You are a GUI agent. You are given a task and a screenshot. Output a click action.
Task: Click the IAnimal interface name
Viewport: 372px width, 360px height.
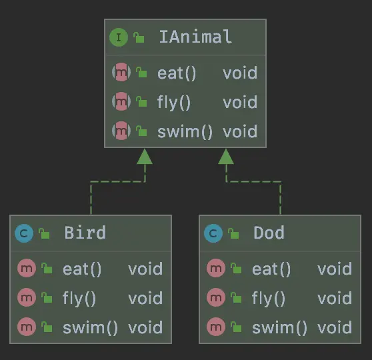195,37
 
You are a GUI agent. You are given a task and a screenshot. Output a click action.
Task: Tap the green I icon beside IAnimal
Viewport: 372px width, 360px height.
119,37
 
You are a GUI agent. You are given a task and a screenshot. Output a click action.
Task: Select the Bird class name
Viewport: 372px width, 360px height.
85,233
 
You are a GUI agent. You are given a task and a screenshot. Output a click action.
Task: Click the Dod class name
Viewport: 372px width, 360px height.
269,233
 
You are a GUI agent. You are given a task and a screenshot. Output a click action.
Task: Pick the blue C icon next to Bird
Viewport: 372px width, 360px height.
24,233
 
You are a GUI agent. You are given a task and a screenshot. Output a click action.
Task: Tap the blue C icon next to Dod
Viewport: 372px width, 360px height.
213,233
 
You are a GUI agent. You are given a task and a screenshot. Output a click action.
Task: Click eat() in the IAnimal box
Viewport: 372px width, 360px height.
177,73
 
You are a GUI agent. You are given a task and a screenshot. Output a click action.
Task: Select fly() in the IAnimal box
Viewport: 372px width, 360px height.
174,103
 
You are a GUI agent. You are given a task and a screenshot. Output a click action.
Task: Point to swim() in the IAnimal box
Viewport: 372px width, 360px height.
185,132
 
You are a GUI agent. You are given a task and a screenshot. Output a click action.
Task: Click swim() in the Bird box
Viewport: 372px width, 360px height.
90,328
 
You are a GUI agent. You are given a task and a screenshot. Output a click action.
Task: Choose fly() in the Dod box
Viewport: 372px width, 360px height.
268,299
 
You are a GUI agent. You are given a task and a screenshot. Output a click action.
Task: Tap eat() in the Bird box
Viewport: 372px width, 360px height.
82,269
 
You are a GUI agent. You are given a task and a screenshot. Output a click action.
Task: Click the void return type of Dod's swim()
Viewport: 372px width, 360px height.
335,327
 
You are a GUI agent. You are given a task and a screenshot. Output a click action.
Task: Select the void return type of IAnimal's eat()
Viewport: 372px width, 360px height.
240,73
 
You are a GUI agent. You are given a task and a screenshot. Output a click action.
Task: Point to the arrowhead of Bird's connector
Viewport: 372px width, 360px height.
145,157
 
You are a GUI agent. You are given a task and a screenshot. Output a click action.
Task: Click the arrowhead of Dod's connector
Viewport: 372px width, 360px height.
226,157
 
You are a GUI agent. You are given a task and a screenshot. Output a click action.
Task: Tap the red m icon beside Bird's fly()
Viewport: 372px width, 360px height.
27,297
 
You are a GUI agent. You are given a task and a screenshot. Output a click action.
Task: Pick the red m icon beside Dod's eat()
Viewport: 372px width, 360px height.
216,268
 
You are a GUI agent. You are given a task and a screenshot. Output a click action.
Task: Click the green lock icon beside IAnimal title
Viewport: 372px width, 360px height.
139,37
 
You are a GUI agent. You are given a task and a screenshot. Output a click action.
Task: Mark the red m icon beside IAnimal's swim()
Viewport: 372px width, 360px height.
121,131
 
